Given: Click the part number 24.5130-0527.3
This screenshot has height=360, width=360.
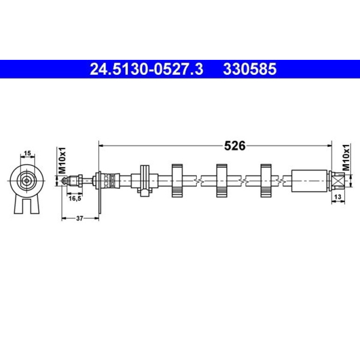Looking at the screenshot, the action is coord(146,69).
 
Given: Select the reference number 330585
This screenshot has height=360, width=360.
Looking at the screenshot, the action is coord(250,69).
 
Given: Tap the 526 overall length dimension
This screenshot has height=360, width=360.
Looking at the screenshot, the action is coord(235,145).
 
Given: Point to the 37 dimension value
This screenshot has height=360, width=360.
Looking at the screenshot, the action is coord(79,218).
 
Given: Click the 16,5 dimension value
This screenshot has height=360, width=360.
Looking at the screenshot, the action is coord(75,199).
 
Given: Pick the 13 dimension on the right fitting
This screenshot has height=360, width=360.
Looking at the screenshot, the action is coord(338,197).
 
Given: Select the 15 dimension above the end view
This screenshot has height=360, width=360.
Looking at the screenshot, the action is coord(27,153).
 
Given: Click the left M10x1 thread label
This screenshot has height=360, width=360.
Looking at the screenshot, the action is coord(62,160).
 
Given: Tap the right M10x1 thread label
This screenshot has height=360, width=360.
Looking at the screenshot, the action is coord(346,158).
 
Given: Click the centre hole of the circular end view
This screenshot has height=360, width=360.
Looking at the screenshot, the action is coord(27,180).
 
